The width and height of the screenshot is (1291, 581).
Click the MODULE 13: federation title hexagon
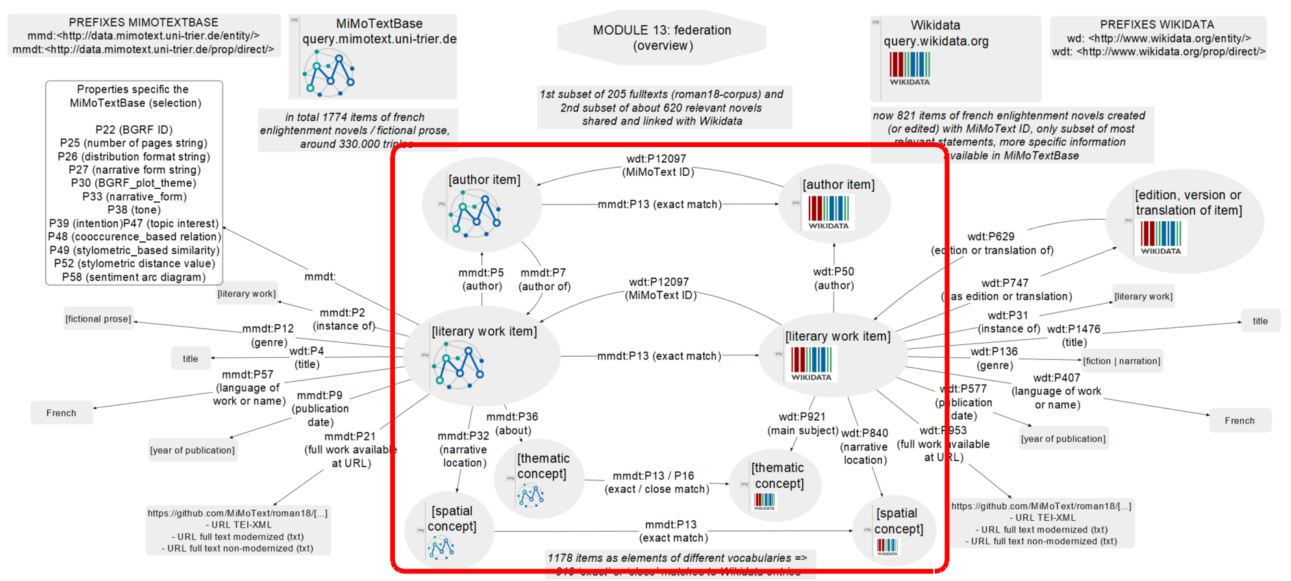click(662, 38)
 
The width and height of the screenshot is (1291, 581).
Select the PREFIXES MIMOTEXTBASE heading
click(143, 23)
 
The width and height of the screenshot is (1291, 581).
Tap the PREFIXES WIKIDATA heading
click(1157, 25)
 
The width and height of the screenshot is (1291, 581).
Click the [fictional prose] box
click(98, 319)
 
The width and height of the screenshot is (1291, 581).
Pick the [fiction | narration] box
click(1121, 361)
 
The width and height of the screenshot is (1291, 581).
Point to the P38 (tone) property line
click(134, 210)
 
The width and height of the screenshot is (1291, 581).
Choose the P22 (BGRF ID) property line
click(134, 129)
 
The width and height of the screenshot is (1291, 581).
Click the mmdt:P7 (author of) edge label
click(544, 279)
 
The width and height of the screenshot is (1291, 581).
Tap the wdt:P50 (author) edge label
click(833, 279)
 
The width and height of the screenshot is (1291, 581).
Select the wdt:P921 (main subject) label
click(802, 424)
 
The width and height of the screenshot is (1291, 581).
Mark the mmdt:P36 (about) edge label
click(512, 424)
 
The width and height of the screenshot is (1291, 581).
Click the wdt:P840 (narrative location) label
click(864, 446)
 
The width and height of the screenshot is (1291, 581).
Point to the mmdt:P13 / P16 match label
click(656, 482)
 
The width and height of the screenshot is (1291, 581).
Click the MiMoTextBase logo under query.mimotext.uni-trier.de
click(329, 73)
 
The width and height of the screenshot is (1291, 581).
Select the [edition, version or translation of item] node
click(1184, 221)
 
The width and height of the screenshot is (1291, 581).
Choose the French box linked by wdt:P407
click(1239, 421)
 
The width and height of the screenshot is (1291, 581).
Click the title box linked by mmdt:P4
click(190, 359)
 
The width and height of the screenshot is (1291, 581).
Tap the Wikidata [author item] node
click(834, 204)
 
